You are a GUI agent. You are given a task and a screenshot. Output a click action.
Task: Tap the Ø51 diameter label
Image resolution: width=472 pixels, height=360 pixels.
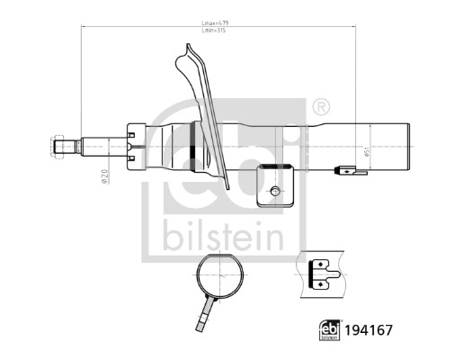[x=367, y=153]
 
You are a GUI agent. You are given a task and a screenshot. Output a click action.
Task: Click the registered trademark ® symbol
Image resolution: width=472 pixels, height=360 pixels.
[x=321, y=106]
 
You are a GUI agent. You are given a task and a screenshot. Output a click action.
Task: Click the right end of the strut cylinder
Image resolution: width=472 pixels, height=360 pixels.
[x=409, y=147]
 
